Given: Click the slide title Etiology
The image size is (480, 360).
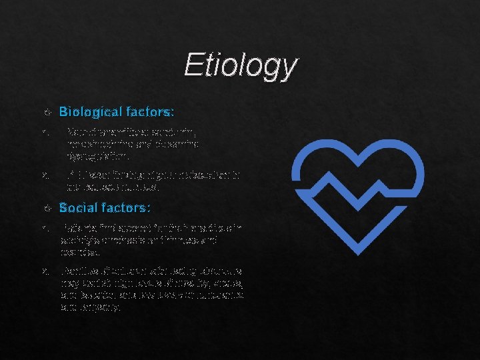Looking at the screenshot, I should tap(241, 65).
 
